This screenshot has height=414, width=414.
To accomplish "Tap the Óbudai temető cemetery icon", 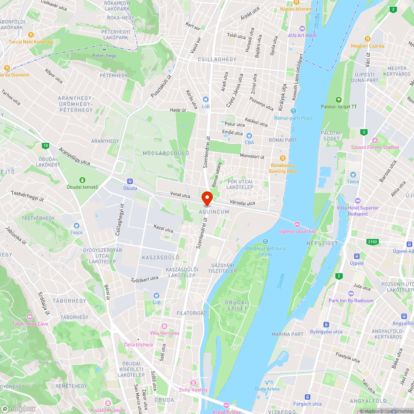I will [82, 180].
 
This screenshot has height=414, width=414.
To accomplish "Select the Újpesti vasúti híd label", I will [297, 231].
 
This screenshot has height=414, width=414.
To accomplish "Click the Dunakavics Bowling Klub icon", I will [283, 158].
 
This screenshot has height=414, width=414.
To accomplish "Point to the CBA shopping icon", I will [249, 135].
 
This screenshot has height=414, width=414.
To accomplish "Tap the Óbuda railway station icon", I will [130, 181].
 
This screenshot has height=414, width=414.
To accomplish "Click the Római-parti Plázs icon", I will [293, 111].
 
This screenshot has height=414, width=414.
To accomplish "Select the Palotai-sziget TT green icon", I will [339, 99].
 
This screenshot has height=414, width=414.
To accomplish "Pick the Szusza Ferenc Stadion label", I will [375, 147].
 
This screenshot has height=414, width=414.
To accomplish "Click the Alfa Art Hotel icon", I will [302, 28].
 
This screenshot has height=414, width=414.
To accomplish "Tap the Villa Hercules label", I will [164, 333].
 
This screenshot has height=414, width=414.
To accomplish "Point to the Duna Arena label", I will [267, 389].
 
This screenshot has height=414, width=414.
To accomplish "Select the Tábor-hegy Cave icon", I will [30, 317].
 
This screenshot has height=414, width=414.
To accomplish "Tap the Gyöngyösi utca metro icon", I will [326, 325].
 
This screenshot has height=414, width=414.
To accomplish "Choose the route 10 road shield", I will [45, 145].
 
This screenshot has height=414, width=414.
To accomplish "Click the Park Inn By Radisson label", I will [351, 301].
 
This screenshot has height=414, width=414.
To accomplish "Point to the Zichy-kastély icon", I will [193, 383].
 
